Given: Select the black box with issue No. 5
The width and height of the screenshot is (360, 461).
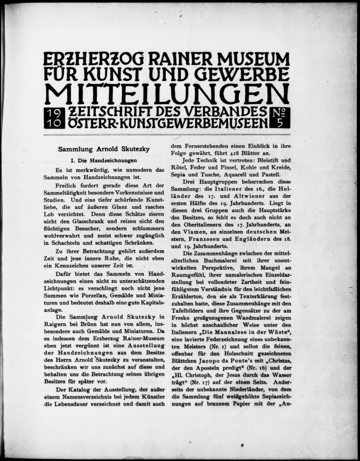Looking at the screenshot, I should click(x=280, y=118).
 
